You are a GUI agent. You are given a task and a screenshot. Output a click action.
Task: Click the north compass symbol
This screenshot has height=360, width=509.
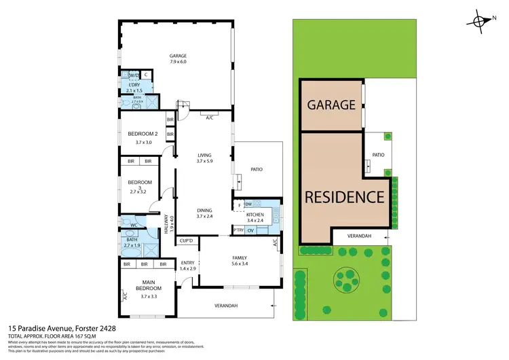(483, 22)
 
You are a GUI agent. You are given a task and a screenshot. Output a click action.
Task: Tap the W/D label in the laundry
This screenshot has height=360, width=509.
(134, 75)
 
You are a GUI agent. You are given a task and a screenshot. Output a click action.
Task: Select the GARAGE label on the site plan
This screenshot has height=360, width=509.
(331, 105)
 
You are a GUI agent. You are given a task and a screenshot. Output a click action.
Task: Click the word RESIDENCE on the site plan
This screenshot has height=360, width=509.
(345, 198)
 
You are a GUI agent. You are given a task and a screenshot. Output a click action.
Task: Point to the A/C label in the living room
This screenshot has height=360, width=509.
(210, 117)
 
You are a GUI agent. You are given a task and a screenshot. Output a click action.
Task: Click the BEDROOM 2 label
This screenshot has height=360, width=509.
(143, 134)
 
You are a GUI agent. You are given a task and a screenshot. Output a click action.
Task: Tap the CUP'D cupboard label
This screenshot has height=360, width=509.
(187, 240)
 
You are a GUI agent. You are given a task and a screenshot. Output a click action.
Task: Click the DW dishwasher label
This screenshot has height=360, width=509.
(248, 204)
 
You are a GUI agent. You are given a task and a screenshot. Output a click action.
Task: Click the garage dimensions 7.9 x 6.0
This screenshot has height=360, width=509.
(179, 62)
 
